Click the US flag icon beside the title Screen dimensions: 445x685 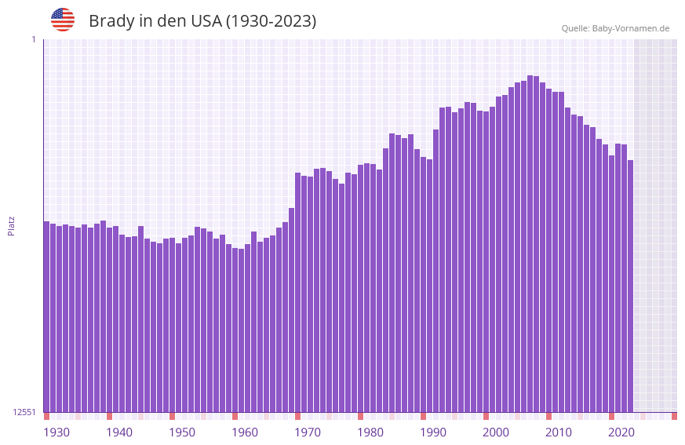pyautogui.click(x=63, y=20)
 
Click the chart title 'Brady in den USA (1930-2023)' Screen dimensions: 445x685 pyautogui.click(x=202, y=21)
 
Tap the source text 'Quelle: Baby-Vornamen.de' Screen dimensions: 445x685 pyautogui.click(x=615, y=28)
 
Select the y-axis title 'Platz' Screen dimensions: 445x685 pyautogui.click(x=11, y=225)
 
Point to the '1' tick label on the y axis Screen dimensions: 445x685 pyautogui.click(x=33, y=39)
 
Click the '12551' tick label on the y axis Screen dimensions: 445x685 pyautogui.click(x=24, y=412)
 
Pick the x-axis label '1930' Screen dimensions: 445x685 pyautogui.click(x=56, y=432)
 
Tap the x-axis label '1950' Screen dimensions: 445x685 pyautogui.click(x=182, y=432)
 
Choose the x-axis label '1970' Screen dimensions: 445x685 pyautogui.click(x=308, y=432)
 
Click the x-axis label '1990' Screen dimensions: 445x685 pyautogui.click(x=433, y=432)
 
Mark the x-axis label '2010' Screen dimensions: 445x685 pyautogui.click(x=559, y=432)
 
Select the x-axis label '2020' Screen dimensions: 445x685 pyautogui.click(x=621, y=432)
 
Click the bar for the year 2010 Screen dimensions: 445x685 pyautogui.click(x=548, y=250)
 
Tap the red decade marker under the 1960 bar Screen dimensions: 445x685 pyautogui.click(x=235, y=416)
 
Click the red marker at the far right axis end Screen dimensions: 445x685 pyautogui.click(x=674, y=416)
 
